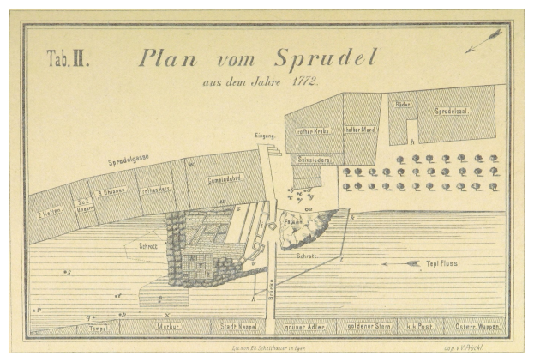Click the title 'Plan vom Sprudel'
pyautogui.click(x=257, y=58)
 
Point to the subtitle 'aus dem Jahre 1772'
pyautogui.click(x=261, y=81)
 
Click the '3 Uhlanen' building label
pyautogui.click(x=112, y=192)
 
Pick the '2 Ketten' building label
pyautogui.click(x=47, y=211)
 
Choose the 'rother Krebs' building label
pyautogui.click(x=313, y=130)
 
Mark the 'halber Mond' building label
pyautogui.click(x=362, y=130)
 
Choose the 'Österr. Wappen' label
pyautogui.click(x=474, y=327)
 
